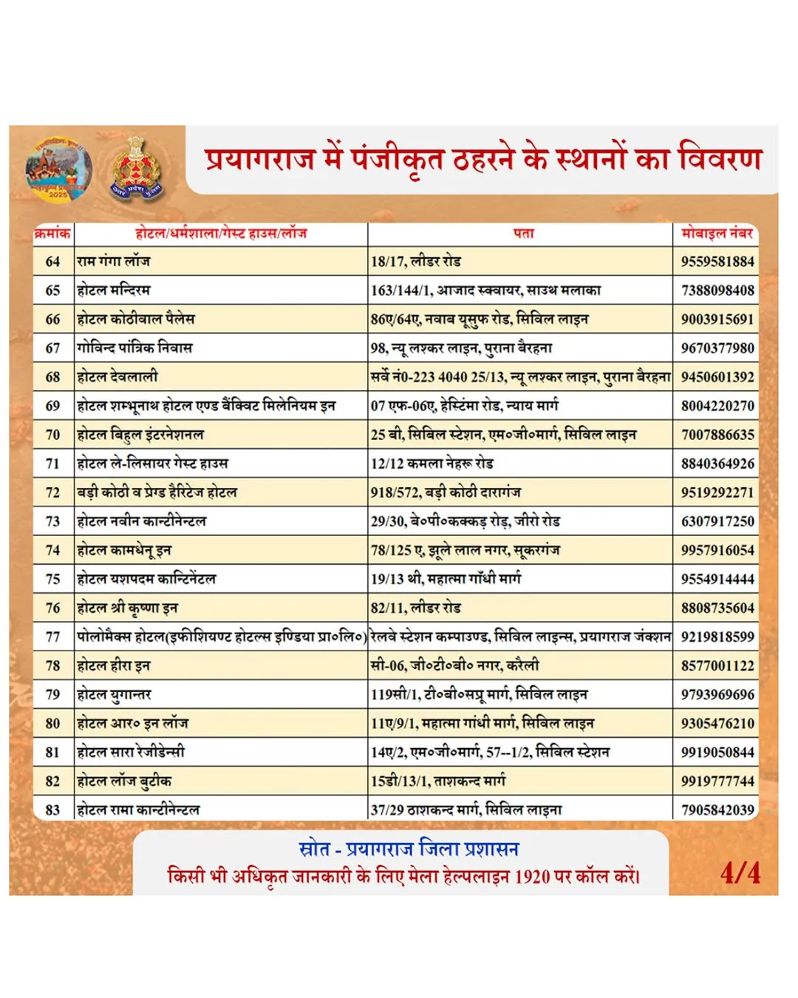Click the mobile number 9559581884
(717, 261)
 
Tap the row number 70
(52, 435)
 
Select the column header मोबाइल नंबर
(717, 234)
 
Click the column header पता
(523, 234)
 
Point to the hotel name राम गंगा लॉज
(114, 261)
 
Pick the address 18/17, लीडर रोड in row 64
(416, 261)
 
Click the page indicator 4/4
(740, 873)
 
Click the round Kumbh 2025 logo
(59, 168)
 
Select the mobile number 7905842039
(717, 809)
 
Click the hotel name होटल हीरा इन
(114, 665)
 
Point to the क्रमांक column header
(52, 234)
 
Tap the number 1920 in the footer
(532, 878)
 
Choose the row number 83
(52, 809)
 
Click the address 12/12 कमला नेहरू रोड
(432, 464)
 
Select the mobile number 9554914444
(717, 579)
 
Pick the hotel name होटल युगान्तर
(115, 694)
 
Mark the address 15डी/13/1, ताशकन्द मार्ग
(438, 781)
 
